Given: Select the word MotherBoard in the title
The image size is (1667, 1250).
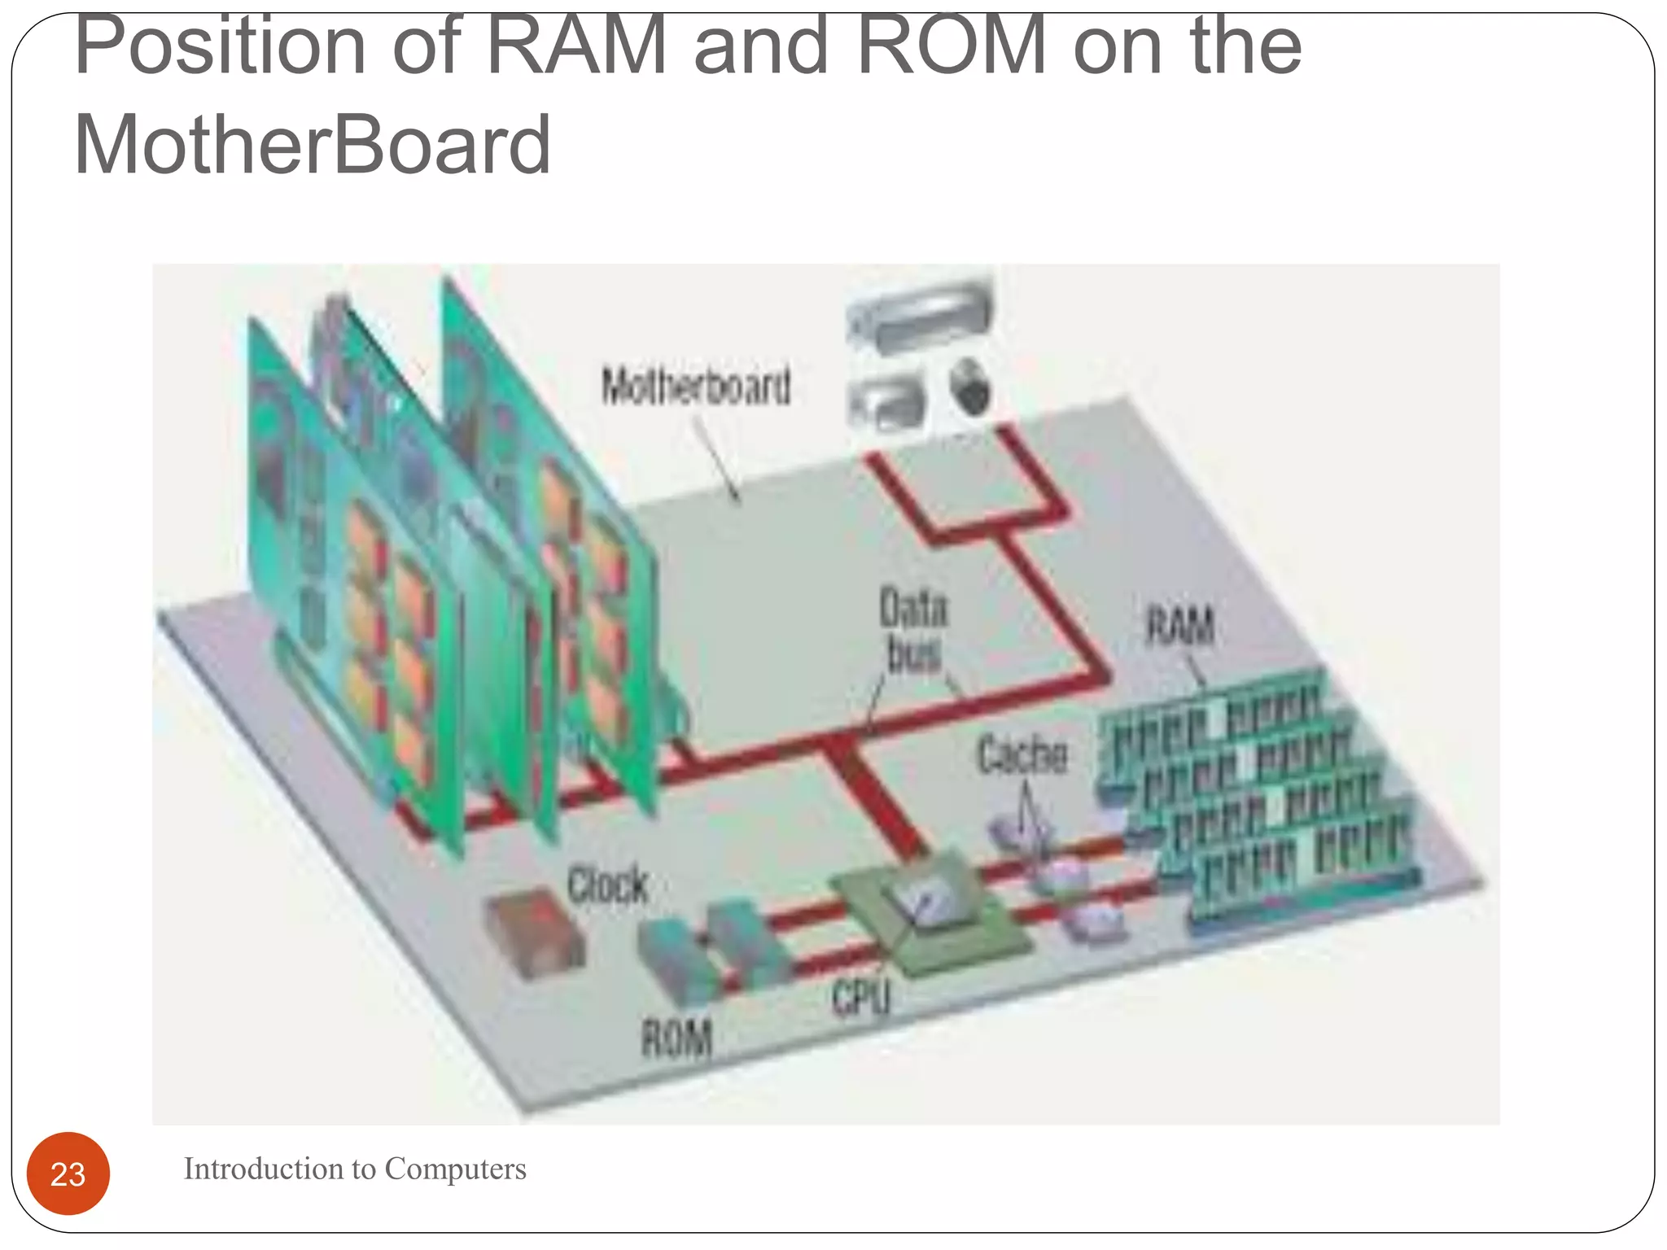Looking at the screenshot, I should tap(313, 145).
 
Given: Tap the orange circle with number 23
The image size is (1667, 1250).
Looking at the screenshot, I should tap(68, 1174).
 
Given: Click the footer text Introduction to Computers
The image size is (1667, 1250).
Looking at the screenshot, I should tap(355, 1169).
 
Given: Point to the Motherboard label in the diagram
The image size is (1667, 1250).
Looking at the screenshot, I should tap(697, 386).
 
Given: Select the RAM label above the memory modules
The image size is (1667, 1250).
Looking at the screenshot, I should tap(1180, 625).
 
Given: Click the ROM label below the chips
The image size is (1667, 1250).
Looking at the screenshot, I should tap(677, 1038).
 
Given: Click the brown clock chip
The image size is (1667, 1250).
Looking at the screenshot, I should tap(536, 936).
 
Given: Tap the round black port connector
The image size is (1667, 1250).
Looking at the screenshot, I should tap(970, 387).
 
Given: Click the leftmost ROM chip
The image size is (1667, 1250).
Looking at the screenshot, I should tap(676, 960).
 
